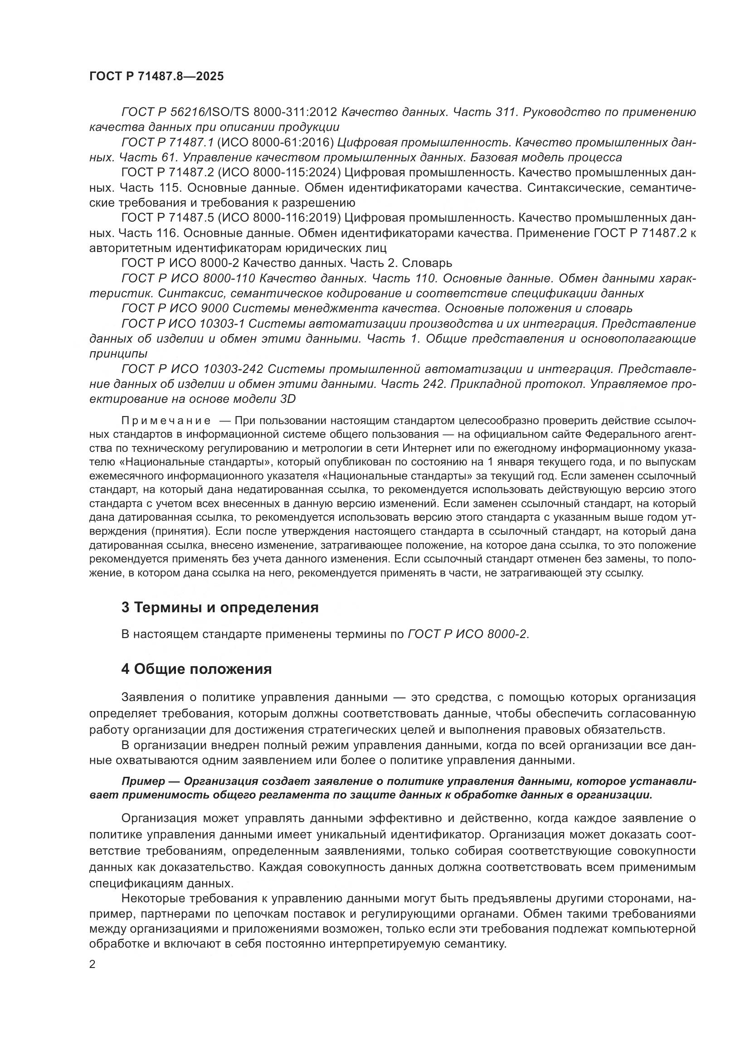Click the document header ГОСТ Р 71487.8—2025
[156, 77]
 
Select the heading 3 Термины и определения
[220, 607]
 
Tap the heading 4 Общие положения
[196, 669]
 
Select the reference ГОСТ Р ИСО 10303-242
[192, 369]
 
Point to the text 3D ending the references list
[288, 399]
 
